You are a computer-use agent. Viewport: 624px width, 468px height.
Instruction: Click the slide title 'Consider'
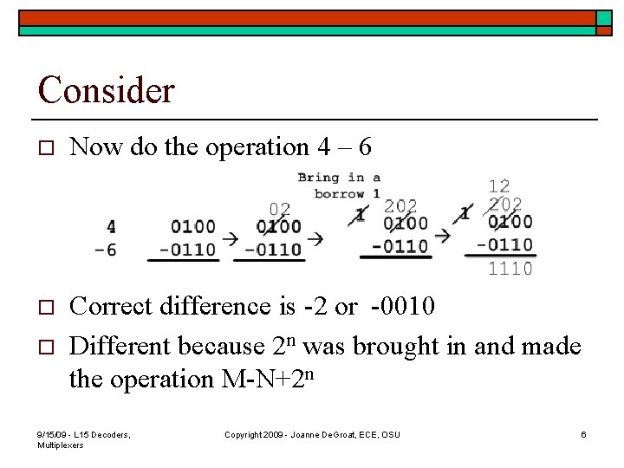pyautogui.click(x=107, y=89)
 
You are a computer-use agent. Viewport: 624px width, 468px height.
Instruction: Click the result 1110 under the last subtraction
pyautogui.click(x=510, y=270)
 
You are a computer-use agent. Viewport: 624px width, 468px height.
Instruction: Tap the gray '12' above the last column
pyautogui.click(x=499, y=186)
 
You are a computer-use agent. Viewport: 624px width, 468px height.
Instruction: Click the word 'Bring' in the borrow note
pyautogui.click(x=318, y=179)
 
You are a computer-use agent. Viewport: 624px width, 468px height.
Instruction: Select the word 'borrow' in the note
pyautogui.click(x=341, y=193)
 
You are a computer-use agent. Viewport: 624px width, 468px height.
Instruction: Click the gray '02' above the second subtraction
pyautogui.click(x=279, y=209)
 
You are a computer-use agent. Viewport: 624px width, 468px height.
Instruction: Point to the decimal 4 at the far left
pyautogui.click(x=111, y=227)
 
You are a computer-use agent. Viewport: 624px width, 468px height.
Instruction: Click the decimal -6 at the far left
pyautogui.click(x=107, y=250)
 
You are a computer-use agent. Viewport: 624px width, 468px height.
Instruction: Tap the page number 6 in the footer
pyautogui.click(x=583, y=434)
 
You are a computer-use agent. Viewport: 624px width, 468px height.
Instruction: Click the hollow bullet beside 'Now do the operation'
pyautogui.click(x=47, y=149)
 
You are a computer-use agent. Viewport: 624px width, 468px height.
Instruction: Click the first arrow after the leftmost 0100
pyautogui.click(x=230, y=237)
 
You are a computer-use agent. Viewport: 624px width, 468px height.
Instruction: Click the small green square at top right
pyautogui.click(x=603, y=18)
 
